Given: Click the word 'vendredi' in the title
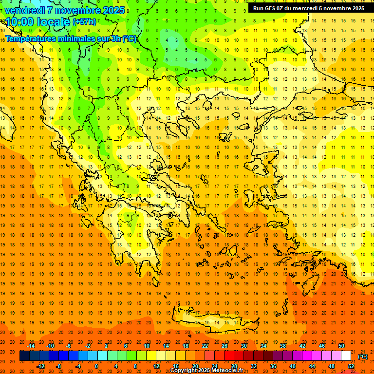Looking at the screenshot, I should click(x=25, y=10).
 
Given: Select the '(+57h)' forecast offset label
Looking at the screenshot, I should click(x=84, y=22).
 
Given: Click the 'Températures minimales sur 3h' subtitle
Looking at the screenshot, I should click(x=71, y=39).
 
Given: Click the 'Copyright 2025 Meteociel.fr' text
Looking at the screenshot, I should click(x=206, y=370).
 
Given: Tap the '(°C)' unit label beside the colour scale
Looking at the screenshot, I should click(x=363, y=356).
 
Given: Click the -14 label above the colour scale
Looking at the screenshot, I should click(x=31, y=346).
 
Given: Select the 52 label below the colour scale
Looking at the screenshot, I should click(x=351, y=366).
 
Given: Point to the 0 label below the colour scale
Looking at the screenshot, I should click(x=96, y=366).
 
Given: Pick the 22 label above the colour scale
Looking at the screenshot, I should click(x=205, y=346).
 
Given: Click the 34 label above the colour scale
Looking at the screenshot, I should click(x=263, y=346).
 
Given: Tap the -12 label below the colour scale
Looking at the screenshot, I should click(x=41, y=366).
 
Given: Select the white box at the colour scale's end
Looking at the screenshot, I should click(x=346, y=356).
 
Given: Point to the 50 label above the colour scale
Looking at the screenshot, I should click(x=341, y=346).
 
